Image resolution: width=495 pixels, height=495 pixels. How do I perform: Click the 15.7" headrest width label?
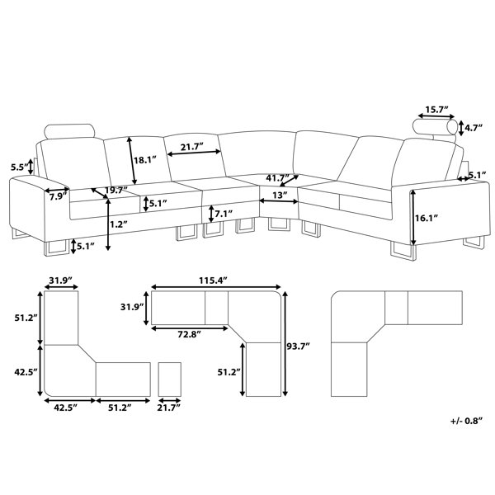tap(437, 110)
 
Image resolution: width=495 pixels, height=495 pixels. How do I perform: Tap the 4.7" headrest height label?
tap(474, 128)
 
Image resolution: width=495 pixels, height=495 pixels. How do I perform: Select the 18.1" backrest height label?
tap(145, 160)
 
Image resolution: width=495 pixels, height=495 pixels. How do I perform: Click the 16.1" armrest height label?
tap(427, 218)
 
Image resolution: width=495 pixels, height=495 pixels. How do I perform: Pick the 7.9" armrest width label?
tap(58, 197)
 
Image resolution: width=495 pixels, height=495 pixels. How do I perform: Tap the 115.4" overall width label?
tap(213, 280)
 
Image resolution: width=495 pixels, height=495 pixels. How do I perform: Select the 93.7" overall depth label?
tap(298, 346)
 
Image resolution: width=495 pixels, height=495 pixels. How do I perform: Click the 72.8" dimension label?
tap(189, 335)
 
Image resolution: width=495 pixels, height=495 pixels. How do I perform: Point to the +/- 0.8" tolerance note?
tap(467, 421)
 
